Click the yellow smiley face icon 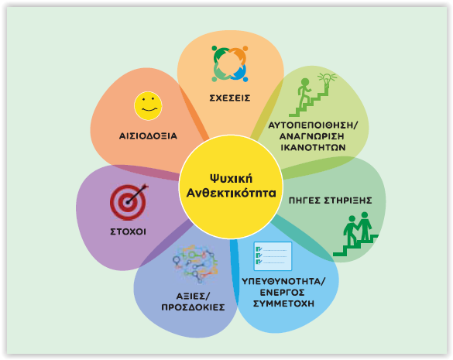click(x=148, y=106)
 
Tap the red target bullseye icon click(x=129, y=201)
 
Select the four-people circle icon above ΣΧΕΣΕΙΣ click(x=230, y=63)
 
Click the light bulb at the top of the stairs click(x=327, y=81)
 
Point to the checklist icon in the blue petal click(x=273, y=256)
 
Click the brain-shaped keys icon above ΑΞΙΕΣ click(x=195, y=264)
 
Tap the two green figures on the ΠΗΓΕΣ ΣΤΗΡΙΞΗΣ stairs click(x=358, y=228)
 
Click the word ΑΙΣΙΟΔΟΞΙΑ click(x=148, y=135)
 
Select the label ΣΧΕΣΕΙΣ click(x=230, y=98)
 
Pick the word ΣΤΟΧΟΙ click(x=128, y=231)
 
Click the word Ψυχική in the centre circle click(x=231, y=179)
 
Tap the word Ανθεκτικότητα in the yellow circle click(x=231, y=193)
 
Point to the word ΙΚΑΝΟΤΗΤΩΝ click(x=313, y=147)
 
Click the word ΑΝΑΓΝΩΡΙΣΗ click(x=312, y=136)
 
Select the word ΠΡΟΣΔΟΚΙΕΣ click(x=193, y=307)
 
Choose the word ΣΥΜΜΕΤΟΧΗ click(x=283, y=303)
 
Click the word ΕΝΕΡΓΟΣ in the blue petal click(x=283, y=293)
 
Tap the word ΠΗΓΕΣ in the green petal click(x=304, y=201)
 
